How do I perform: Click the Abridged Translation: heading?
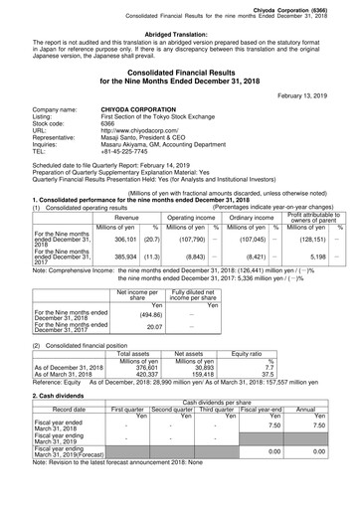(x=179, y=33)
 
